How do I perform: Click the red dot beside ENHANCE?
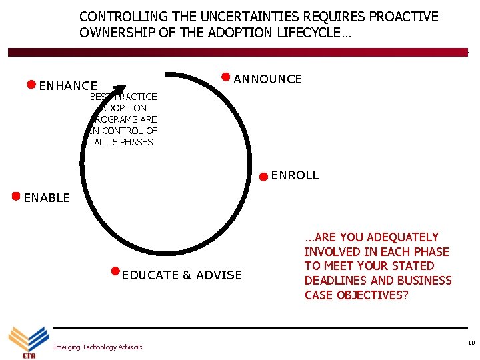(31, 85)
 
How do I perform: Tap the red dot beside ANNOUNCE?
(226, 77)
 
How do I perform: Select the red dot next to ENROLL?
(264, 177)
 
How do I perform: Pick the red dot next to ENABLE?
(16, 196)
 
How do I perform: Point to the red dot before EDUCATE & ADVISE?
(115, 271)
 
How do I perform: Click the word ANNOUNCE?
(268, 79)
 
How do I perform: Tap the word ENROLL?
(295, 176)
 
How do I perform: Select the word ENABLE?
(47, 198)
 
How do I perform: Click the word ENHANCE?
(68, 86)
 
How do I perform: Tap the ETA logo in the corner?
(27, 341)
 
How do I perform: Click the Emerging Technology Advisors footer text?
(97, 347)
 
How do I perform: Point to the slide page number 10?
(471, 343)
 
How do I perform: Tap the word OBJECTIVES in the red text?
(369, 295)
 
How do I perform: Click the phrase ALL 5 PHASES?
(124, 142)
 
